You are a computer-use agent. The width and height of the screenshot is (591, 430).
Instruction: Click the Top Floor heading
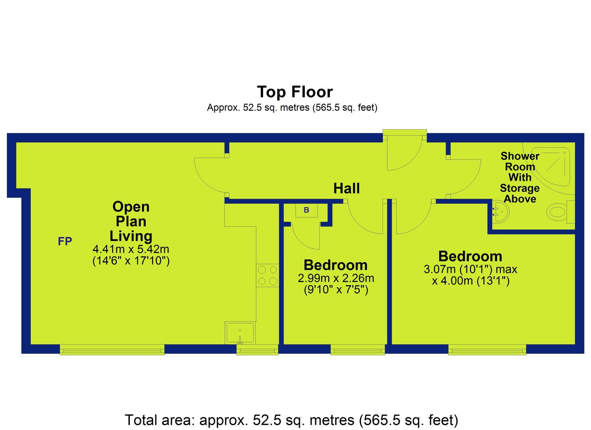pyautogui.click(x=295, y=92)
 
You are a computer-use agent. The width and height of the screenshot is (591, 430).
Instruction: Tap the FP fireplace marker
pyautogui.click(x=65, y=241)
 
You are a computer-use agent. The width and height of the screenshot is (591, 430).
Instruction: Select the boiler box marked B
pyautogui.click(x=306, y=210)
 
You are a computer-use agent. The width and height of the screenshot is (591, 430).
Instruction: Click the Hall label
pyautogui.click(x=346, y=188)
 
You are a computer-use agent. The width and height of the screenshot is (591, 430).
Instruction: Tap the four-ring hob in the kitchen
pyautogui.click(x=267, y=275)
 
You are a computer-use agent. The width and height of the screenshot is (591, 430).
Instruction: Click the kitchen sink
pyautogui.click(x=240, y=332)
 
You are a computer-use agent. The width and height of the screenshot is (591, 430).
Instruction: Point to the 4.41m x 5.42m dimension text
pyautogui.click(x=131, y=249)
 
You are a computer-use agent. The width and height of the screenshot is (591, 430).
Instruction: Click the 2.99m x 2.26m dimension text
pyautogui.click(x=336, y=278)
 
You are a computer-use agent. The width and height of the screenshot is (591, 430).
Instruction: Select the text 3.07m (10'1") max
pyautogui.click(x=470, y=269)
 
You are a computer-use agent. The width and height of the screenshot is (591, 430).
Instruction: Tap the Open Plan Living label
pyautogui.click(x=131, y=221)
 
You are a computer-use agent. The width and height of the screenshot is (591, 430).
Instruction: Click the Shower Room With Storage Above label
pyautogui.click(x=520, y=178)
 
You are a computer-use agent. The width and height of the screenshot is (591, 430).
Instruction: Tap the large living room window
pyautogui.click(x=112, y=350)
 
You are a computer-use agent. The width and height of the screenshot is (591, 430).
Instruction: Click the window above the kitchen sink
pyautogui.click(x=257, y=350)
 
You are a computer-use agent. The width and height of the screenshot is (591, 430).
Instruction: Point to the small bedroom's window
pyautogui.click(x=358, y=350)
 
